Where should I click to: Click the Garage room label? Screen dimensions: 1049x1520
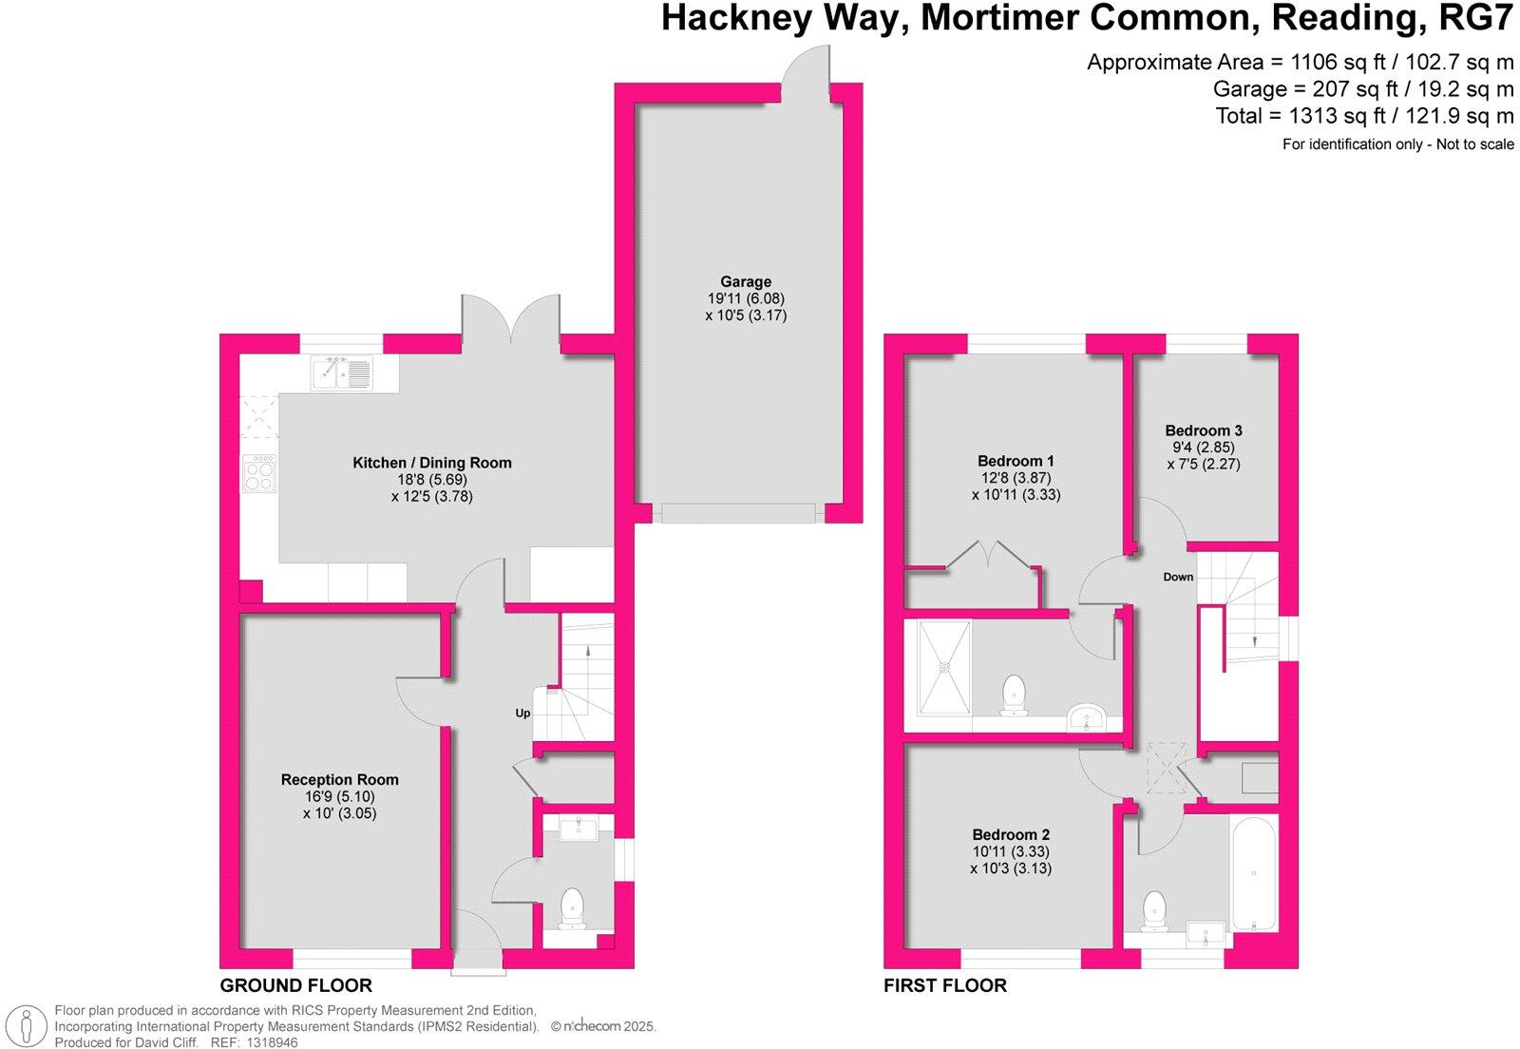746,281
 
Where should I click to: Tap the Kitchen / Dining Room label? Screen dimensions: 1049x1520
432,463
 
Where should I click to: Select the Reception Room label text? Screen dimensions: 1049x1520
339,779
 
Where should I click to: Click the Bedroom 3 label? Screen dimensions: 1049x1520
1204,430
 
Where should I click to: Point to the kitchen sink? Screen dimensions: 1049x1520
342,373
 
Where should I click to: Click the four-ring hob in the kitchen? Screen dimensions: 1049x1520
259,473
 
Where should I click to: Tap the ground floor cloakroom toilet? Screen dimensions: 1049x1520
572,907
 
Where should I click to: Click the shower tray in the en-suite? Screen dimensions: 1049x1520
944,667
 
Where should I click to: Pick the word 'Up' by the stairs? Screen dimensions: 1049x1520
522,713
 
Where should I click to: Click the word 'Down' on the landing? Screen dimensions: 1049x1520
1178,577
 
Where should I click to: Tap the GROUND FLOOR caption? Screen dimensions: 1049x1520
296,985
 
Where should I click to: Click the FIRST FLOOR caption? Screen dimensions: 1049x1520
945,985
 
